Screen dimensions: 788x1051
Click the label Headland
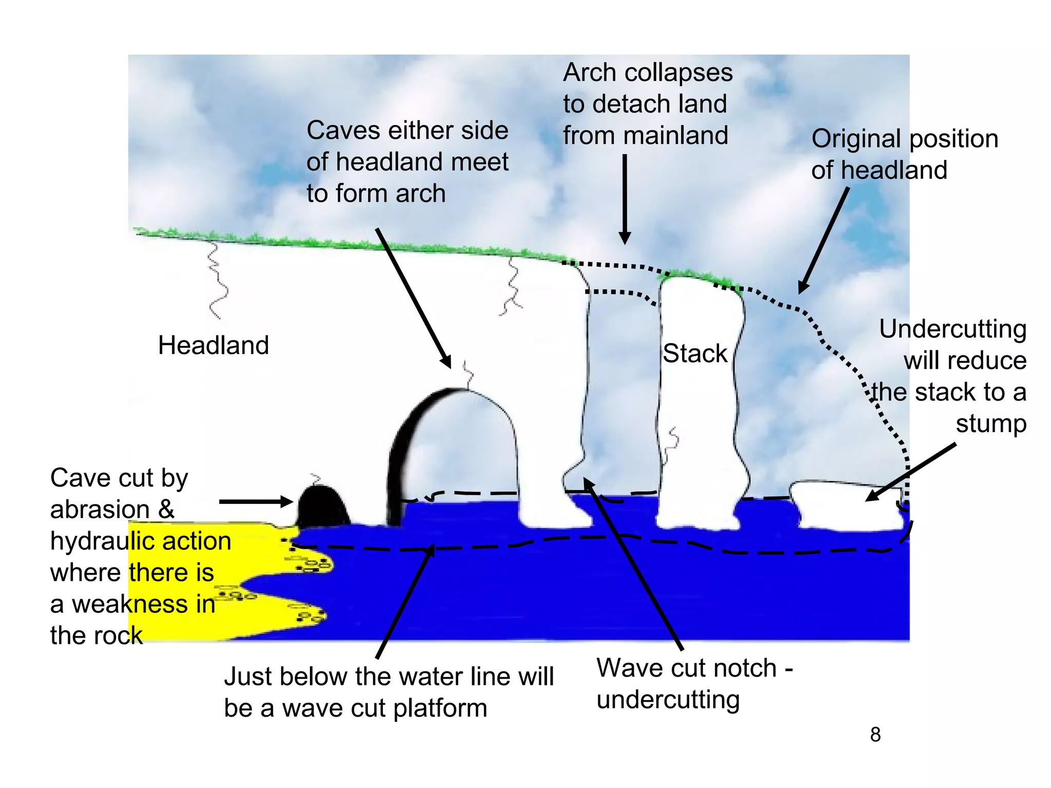coord(213,345)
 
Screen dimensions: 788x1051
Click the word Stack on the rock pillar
coord(695,353)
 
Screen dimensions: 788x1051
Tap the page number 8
coord(875,735)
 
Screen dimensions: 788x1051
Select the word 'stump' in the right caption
coord(990,424)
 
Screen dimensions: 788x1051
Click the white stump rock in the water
coord(847,505)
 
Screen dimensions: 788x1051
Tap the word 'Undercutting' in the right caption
coord(952,329)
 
